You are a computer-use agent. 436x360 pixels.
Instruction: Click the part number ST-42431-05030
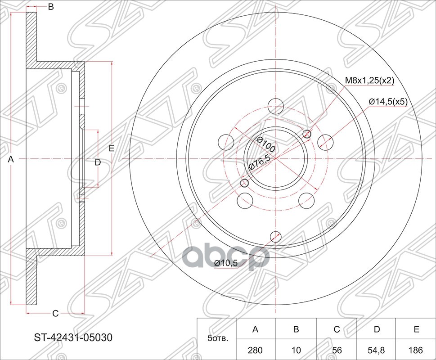73,337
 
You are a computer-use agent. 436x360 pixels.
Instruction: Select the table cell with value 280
255,349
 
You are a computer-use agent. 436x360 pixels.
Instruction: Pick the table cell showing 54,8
375,349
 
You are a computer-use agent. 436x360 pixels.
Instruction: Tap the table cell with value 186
416,349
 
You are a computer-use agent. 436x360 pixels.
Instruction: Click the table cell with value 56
336,349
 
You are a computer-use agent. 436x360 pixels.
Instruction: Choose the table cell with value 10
296,349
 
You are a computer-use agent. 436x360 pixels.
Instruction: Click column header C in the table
336,329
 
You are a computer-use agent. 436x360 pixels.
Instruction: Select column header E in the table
416,329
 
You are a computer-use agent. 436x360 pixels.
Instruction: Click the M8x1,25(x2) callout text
369,81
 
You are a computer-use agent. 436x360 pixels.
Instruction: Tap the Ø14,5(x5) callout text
388,102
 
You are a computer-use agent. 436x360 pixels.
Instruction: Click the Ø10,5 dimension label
225,263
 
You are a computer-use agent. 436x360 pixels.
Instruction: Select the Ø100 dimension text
266,145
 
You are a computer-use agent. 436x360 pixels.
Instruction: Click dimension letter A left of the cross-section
12,159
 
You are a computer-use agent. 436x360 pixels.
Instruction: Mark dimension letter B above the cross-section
51,7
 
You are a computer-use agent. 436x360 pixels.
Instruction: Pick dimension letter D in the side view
97,162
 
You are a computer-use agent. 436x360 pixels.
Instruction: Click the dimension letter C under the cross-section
55,313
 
